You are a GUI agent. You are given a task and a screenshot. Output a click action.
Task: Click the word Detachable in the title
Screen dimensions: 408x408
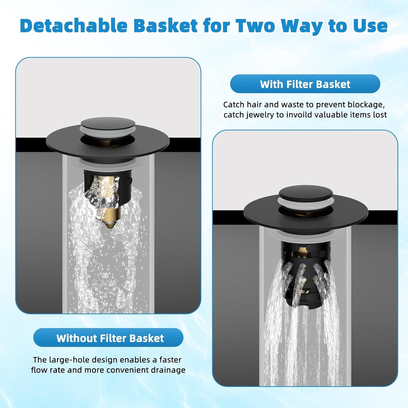[74, 26]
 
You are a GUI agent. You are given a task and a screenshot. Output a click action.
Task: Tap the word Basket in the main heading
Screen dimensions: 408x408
[165, 26]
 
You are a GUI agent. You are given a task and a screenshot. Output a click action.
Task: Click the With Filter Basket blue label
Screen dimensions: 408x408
[305, 84]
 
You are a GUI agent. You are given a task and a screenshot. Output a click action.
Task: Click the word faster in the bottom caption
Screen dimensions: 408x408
[170, 360]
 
